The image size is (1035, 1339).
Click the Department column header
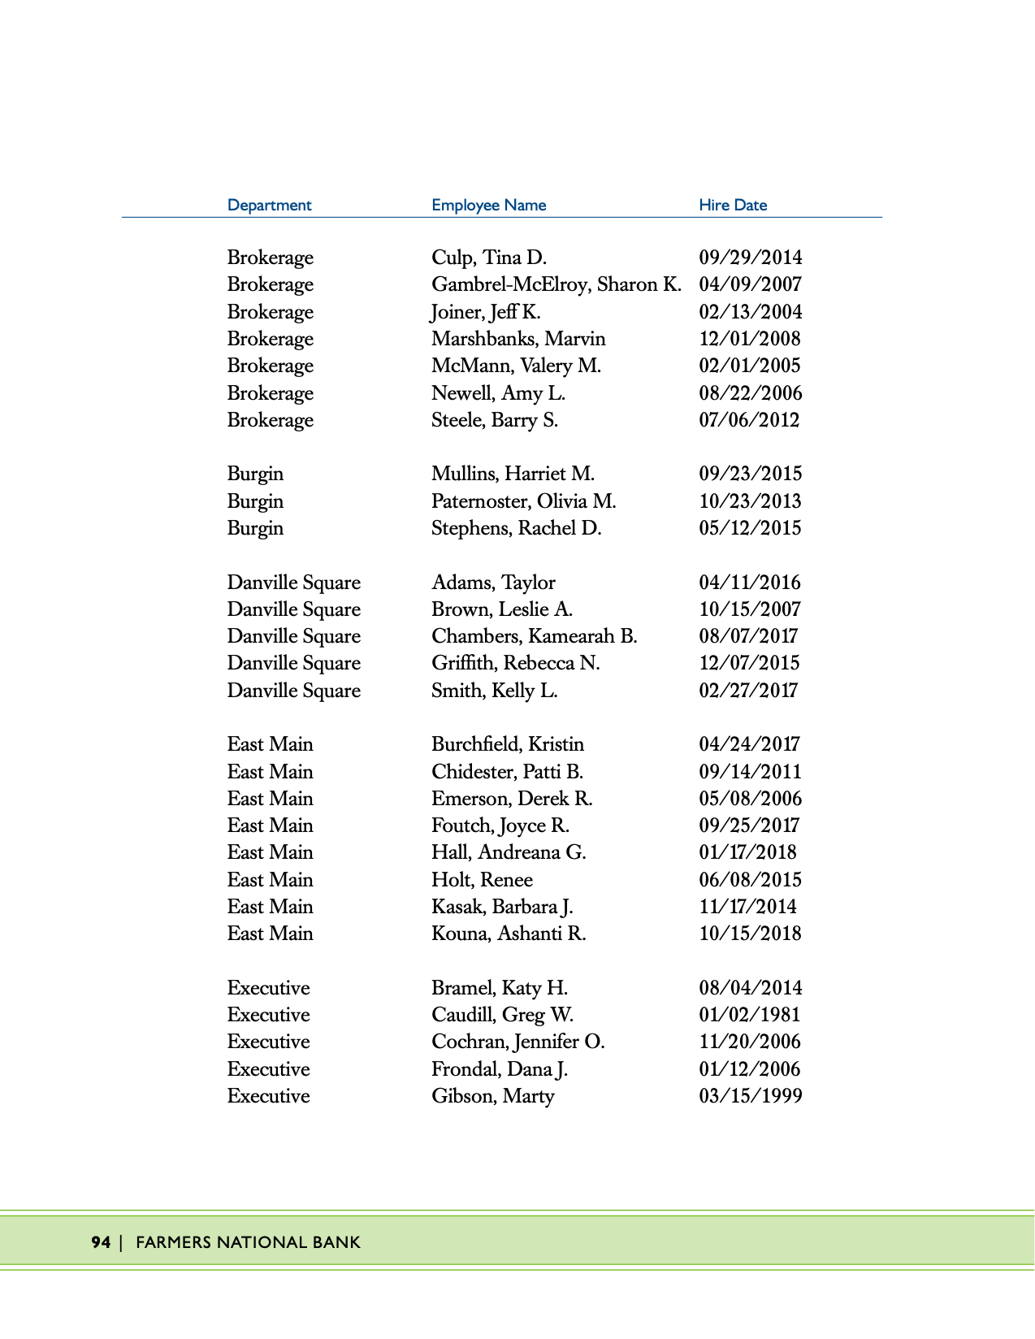coord(269,205)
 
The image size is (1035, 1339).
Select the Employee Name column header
coord(488,205)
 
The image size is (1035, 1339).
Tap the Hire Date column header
coord(733,205)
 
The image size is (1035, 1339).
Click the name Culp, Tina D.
coord(488,258)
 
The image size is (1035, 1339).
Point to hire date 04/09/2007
coord(750,284)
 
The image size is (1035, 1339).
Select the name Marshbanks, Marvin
coord(518,339)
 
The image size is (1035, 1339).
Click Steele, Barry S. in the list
coord(494,420)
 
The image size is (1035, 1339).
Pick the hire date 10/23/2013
coord(750,501)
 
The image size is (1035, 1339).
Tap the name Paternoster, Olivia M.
coord(523,501)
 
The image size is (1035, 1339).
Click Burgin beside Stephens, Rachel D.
coord(255,528)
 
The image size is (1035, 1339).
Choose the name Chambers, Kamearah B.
coord(534,636)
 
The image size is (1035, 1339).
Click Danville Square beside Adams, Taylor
coord(293,583)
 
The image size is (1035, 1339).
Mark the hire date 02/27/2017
coord(748,691)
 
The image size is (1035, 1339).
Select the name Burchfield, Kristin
coord(507,744)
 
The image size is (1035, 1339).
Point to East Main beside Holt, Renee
coord(270,880)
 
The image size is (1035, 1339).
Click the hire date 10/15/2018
coord(750,934)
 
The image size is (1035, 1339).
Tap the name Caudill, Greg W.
coord(502,1015)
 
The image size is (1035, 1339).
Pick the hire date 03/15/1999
coord(750,1096)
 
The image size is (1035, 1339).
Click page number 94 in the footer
coord(101,1242)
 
